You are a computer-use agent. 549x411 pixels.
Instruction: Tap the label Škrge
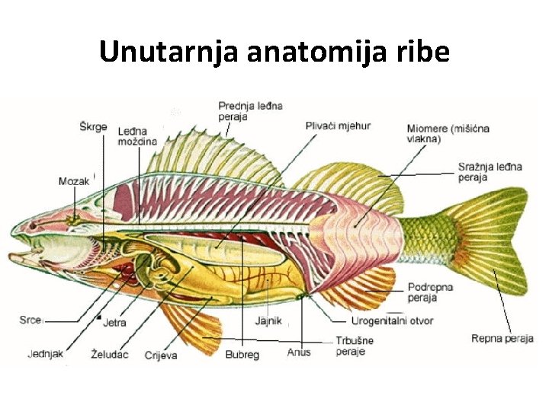(x=93, y=126)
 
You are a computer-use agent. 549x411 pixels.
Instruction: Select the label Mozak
(x=74, y=181)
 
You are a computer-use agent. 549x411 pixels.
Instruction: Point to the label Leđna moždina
(x=137, y=137)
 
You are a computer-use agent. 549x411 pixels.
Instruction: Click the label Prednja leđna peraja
(x=250, y=111)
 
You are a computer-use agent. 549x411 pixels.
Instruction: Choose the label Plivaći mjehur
(x=338, y=126)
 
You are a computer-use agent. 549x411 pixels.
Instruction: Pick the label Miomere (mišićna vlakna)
(x=448, y=134)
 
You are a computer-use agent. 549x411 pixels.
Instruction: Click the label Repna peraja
(x=502, y=339)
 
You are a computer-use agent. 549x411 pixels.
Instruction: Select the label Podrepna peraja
(x=431, y=292)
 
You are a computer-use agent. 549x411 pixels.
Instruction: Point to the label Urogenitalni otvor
(x=392, y=321)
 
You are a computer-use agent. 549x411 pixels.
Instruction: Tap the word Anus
(x=299, y=353)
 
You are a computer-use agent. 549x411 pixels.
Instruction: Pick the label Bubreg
(x=242, y=355)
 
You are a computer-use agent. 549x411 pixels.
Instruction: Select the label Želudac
(x=108, y=355)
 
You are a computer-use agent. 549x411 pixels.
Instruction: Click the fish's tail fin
(x=488, y=236)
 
